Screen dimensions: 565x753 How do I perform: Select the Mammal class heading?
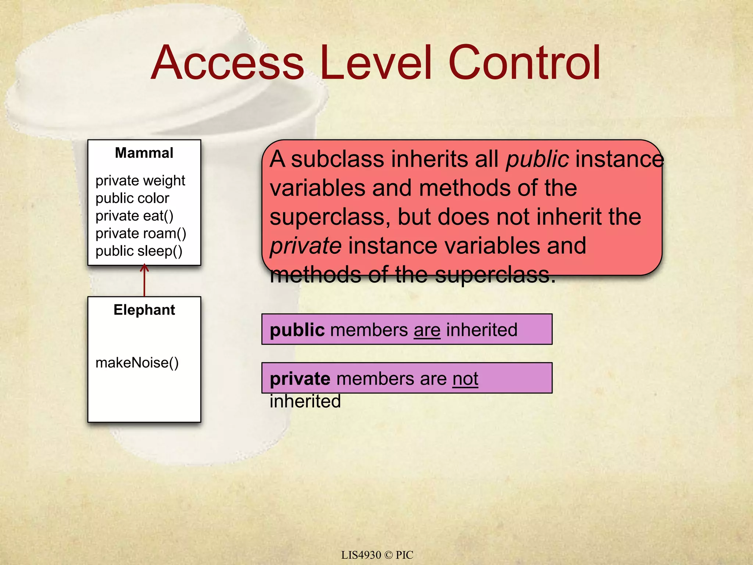[144, 153]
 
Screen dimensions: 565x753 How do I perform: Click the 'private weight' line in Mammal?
[140, 181]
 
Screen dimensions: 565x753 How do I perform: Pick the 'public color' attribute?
[132, 198]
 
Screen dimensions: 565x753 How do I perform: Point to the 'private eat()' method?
[134, 216]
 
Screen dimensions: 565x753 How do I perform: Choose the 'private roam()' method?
[141, 234]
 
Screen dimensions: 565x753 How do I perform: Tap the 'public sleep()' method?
[139, 251]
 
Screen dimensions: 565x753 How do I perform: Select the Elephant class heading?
[144, 310]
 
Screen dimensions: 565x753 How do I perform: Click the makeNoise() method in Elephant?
[137, 363]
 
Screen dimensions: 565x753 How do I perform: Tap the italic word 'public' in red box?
[537, 159]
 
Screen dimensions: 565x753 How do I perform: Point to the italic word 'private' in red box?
[306, 246]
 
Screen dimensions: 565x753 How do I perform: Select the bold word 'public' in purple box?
[297, 330]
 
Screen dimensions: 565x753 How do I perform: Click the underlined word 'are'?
[427, 330]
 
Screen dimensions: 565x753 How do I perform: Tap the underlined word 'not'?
[465, 379]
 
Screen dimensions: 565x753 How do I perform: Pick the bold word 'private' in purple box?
[300, 379]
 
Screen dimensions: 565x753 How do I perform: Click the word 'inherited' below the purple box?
[305, 401]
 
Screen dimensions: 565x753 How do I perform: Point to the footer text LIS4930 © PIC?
[377, 555]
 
